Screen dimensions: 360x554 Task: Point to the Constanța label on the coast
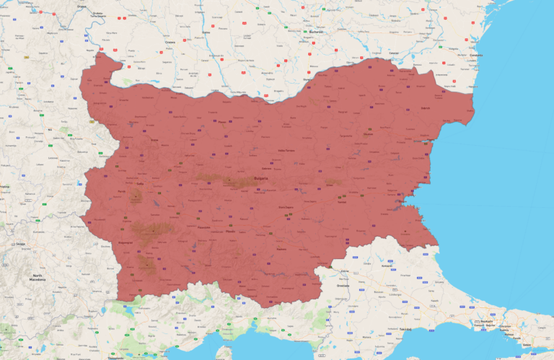tap(476, 56)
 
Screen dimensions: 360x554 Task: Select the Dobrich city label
tap(426, 108)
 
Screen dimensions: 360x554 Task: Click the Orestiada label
tap(343, 286)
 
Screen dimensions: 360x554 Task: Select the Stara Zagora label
tap(286, 207)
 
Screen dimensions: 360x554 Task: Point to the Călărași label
tap(395, 53)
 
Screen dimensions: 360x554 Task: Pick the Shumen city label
tap(368, 134)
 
